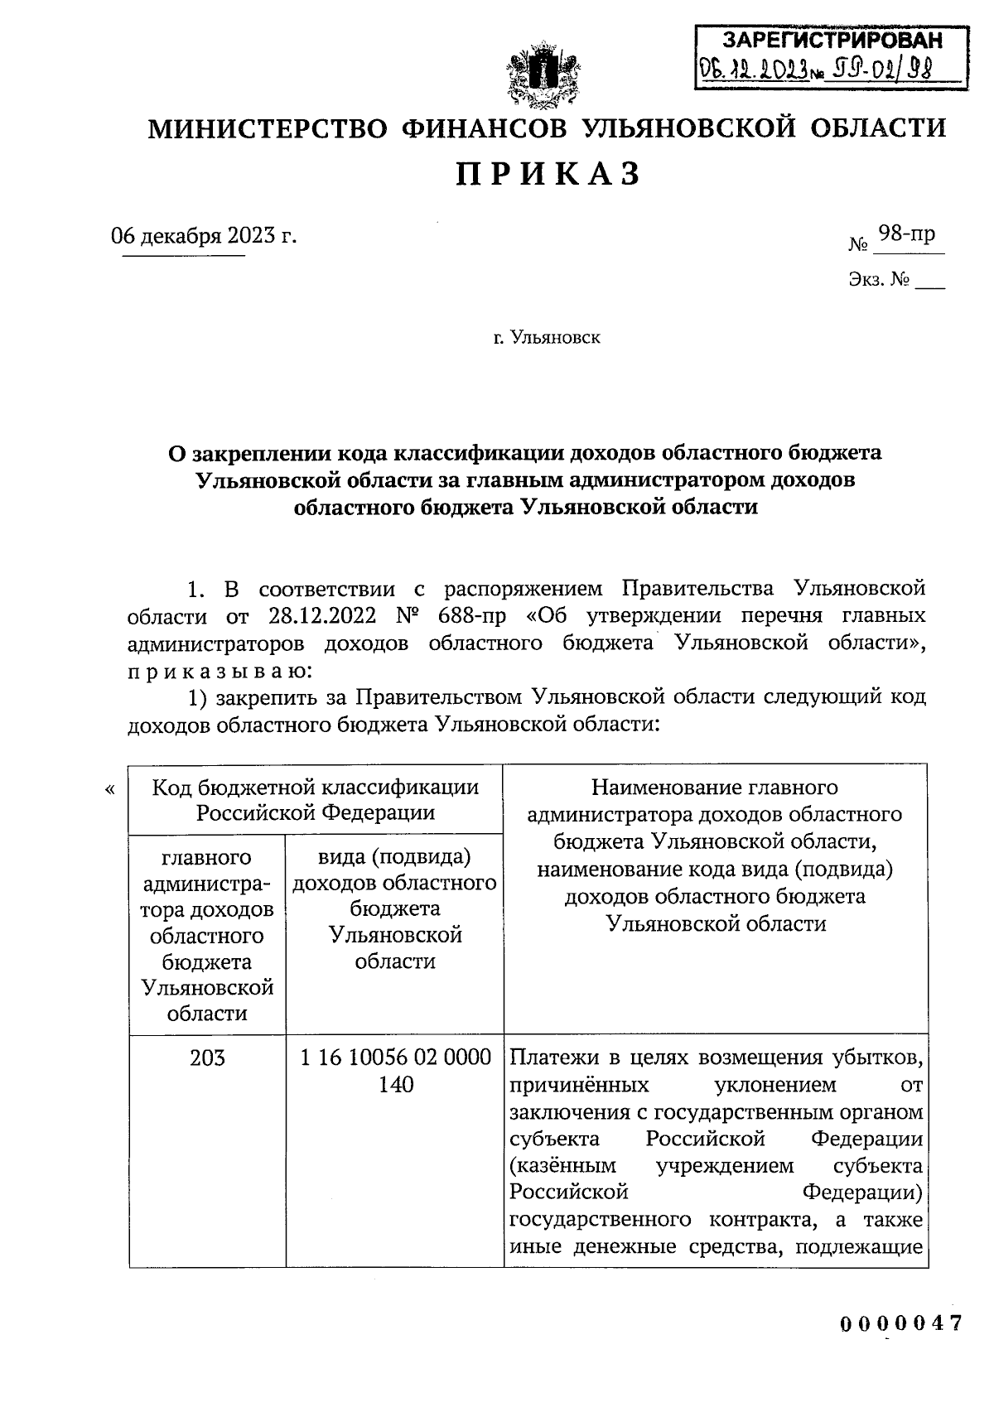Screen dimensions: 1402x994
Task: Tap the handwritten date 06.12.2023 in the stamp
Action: pyautogui.click(x=754, y=69)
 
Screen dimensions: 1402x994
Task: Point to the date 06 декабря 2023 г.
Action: pyautogui.click(x=204, y=236)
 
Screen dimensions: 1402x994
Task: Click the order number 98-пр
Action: pyautogui.click(x=906, y=234)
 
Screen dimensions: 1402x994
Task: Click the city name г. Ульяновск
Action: pyautogui.click(x=548, y=338)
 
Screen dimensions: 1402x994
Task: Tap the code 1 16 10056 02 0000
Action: pyautogui.click(x=395, y=1058)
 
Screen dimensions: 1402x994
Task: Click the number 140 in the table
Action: pyautogui.click(x=395, y=1085)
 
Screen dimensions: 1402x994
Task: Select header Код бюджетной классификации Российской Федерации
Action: pyautogui.click(x=316, y=799)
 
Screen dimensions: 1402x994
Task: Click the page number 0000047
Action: pyautogui.click(x=901, y=1323)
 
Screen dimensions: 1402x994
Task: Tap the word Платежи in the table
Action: pyautogui.click(x=550, y=1058)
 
